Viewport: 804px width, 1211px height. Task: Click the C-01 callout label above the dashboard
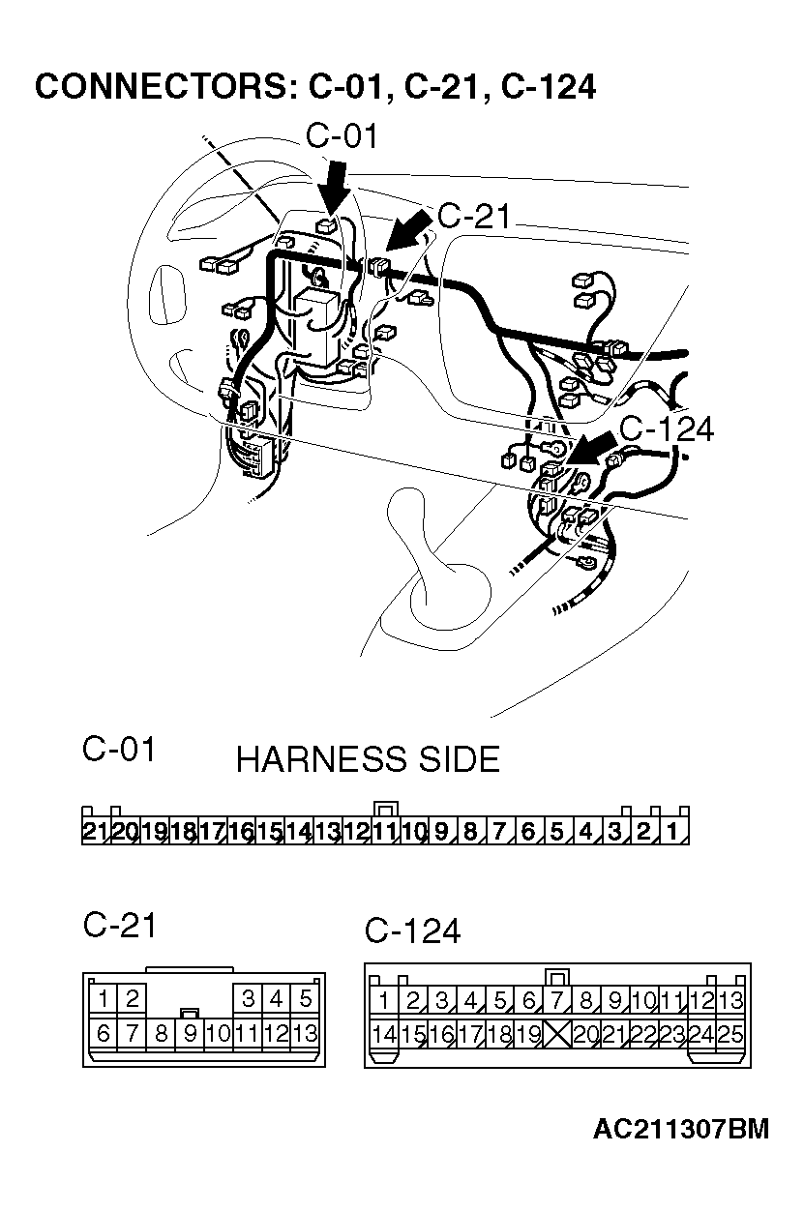pyautogui.click(x=342, y=136)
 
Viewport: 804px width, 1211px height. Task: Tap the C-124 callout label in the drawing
pyautogui.click(x=666, y=428)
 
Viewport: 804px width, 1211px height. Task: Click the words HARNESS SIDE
pyautogui.click(x=368, y=760)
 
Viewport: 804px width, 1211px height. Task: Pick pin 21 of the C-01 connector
pyautogui.click(x=95, y=831)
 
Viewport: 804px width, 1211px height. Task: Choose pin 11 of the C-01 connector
pyautogui.click(x=385, y=831)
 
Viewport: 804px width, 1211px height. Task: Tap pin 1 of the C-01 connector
pyautogui.click(x=674, y=831)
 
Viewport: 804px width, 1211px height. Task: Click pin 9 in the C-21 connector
pyautogui.click(x=191, y=1033)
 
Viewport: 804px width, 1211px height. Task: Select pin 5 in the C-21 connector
pyautogui.click(x=306, y=998)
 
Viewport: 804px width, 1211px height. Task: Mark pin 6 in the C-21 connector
pyautogui.click(x=104, y=1033)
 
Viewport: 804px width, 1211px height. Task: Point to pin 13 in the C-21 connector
pyautogui.click(x=305, y=1033)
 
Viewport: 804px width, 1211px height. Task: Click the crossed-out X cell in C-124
pyautogui.click(x=557, y=1035)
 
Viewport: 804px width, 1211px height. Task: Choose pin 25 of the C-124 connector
pyautogui.click(x=731, y=1035)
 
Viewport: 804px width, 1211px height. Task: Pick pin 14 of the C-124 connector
pyautogui.click(x=384, y=1035)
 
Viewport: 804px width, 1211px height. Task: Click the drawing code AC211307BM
pyautogui.click(x=681, y=1129)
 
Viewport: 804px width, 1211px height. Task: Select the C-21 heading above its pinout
pyautogui.click(x=119, y=925)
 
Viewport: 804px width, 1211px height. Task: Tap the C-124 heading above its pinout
pyautogui.click(x=412, y=930)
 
